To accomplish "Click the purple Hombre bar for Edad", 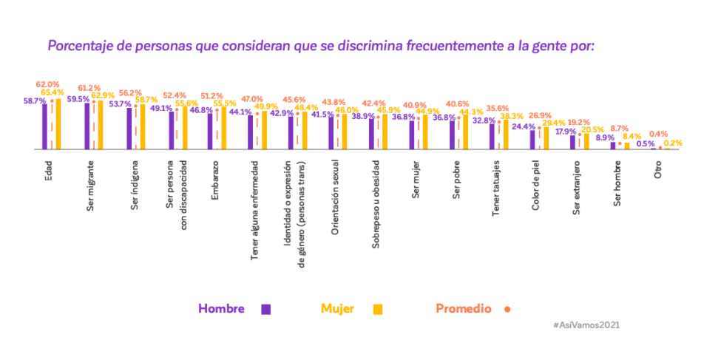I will [x=44, y=126].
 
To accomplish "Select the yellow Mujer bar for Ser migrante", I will [x=100, y=125].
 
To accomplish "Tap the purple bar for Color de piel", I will [x=532, y=140].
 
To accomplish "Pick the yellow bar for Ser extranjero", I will [x=587, y=141].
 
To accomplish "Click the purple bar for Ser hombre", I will [x=613, y=146].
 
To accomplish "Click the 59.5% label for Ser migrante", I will [x=78, y=98].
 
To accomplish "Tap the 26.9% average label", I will [x=540, y=116].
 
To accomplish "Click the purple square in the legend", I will [x=266, y=309].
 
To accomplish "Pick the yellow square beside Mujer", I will [x=378, y=309].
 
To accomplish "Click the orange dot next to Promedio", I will [x=507, y=309].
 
